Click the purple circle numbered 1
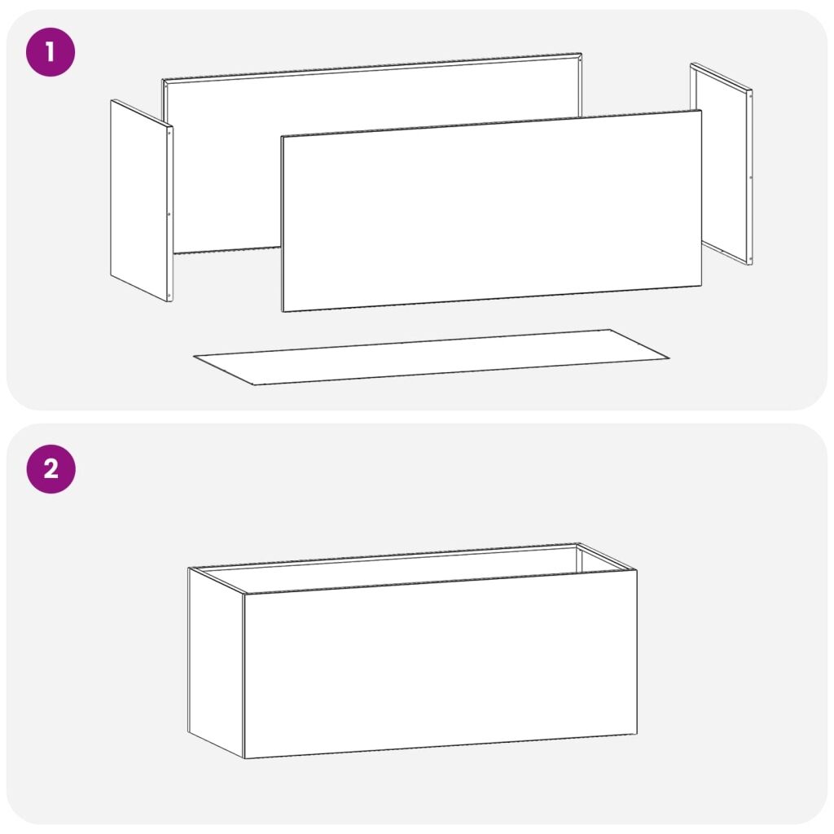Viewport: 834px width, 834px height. (50, 52)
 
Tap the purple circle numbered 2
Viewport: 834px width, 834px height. (51, 469)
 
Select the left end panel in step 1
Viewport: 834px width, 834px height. (142, 200)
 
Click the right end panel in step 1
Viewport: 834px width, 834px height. (722, 163)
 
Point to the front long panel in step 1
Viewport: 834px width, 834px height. (491, 211)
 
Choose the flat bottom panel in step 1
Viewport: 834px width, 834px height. (432, 357)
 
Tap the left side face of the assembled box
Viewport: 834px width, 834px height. (216, 663)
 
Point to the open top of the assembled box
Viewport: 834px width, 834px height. (412, 568)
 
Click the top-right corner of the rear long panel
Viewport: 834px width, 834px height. (581, 53)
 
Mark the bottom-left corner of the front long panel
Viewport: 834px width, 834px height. (283, 311)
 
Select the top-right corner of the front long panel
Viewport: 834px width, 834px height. (701, 110)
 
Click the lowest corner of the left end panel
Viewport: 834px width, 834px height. (170, 301)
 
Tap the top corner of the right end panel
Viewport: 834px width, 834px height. (691, 64)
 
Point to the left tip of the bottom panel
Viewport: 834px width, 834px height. (194, 357)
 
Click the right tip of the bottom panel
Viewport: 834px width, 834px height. (669, 358)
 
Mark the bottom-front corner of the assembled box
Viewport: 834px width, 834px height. (244, 758)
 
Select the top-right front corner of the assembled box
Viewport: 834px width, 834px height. (637, 570)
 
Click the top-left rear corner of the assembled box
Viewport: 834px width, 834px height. (189, 568)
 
